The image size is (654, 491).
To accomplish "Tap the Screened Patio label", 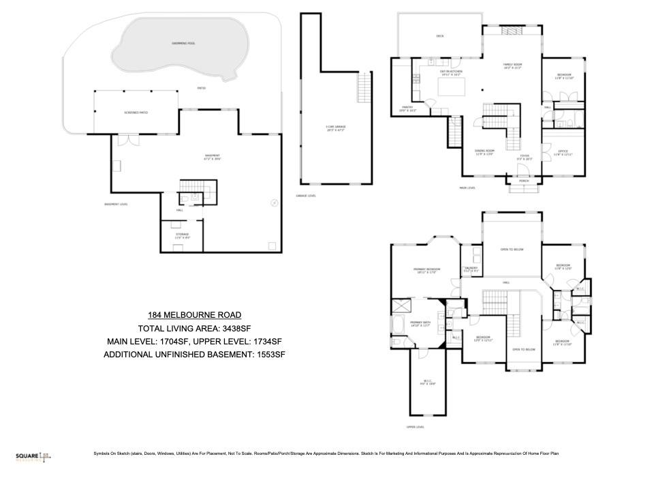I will click(x=136, y=112).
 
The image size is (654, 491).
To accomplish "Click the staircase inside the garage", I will click(x=365, y=87).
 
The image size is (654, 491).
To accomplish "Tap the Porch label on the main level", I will click(x=523, y=181).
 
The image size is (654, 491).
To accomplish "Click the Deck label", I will click(x=439, y=36).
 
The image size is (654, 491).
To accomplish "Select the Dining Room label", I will click(x=484, y=153).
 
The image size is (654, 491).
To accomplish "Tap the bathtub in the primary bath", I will click(x=398, y=323).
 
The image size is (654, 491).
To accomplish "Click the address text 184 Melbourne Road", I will click(x=194, y=314).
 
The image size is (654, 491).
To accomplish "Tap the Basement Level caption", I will click(x=116, y=204).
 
